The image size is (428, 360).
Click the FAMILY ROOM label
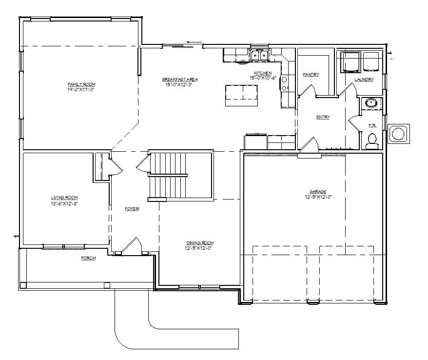pos(81,84)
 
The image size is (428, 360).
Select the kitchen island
pos(241,95)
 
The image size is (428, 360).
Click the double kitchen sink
pos(258,55)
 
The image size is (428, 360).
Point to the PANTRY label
pos(311,75)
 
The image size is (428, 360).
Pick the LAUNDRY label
pos(364,80)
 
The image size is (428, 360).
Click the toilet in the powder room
pos(372,140)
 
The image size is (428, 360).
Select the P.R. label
pos(372,125)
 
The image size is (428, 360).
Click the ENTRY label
pos(323,117)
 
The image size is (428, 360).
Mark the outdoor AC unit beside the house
pos(398,134)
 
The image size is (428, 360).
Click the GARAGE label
pos(317,192)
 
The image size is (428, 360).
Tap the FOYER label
pos(132,209)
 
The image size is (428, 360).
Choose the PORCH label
pos(88,258)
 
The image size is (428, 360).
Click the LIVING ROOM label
pos(64,198)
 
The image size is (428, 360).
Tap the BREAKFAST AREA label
pos(180,80)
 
